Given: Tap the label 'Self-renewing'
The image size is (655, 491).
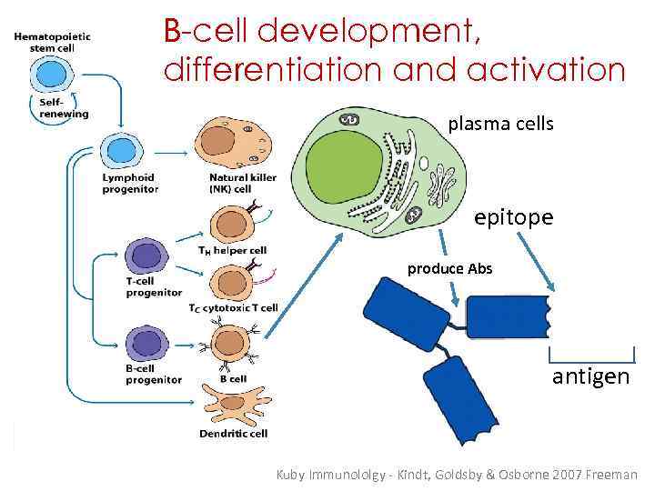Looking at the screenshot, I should (x=63, y=109).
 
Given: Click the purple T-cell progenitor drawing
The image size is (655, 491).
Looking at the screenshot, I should (x=144, y=254).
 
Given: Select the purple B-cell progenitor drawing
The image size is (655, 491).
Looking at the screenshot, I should (x=144, y=343).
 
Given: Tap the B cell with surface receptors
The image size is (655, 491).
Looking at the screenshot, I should (x=229, y=345).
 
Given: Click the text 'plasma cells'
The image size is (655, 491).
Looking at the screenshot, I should (x=500, y=124).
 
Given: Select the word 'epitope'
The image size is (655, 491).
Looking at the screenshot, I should (x=513, y=217).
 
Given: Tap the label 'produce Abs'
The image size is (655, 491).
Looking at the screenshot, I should (x=449, y=268).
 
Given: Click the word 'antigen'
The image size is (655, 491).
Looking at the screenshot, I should (x=590, y=376).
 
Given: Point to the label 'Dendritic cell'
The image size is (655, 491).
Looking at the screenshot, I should (x=233, y=434).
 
